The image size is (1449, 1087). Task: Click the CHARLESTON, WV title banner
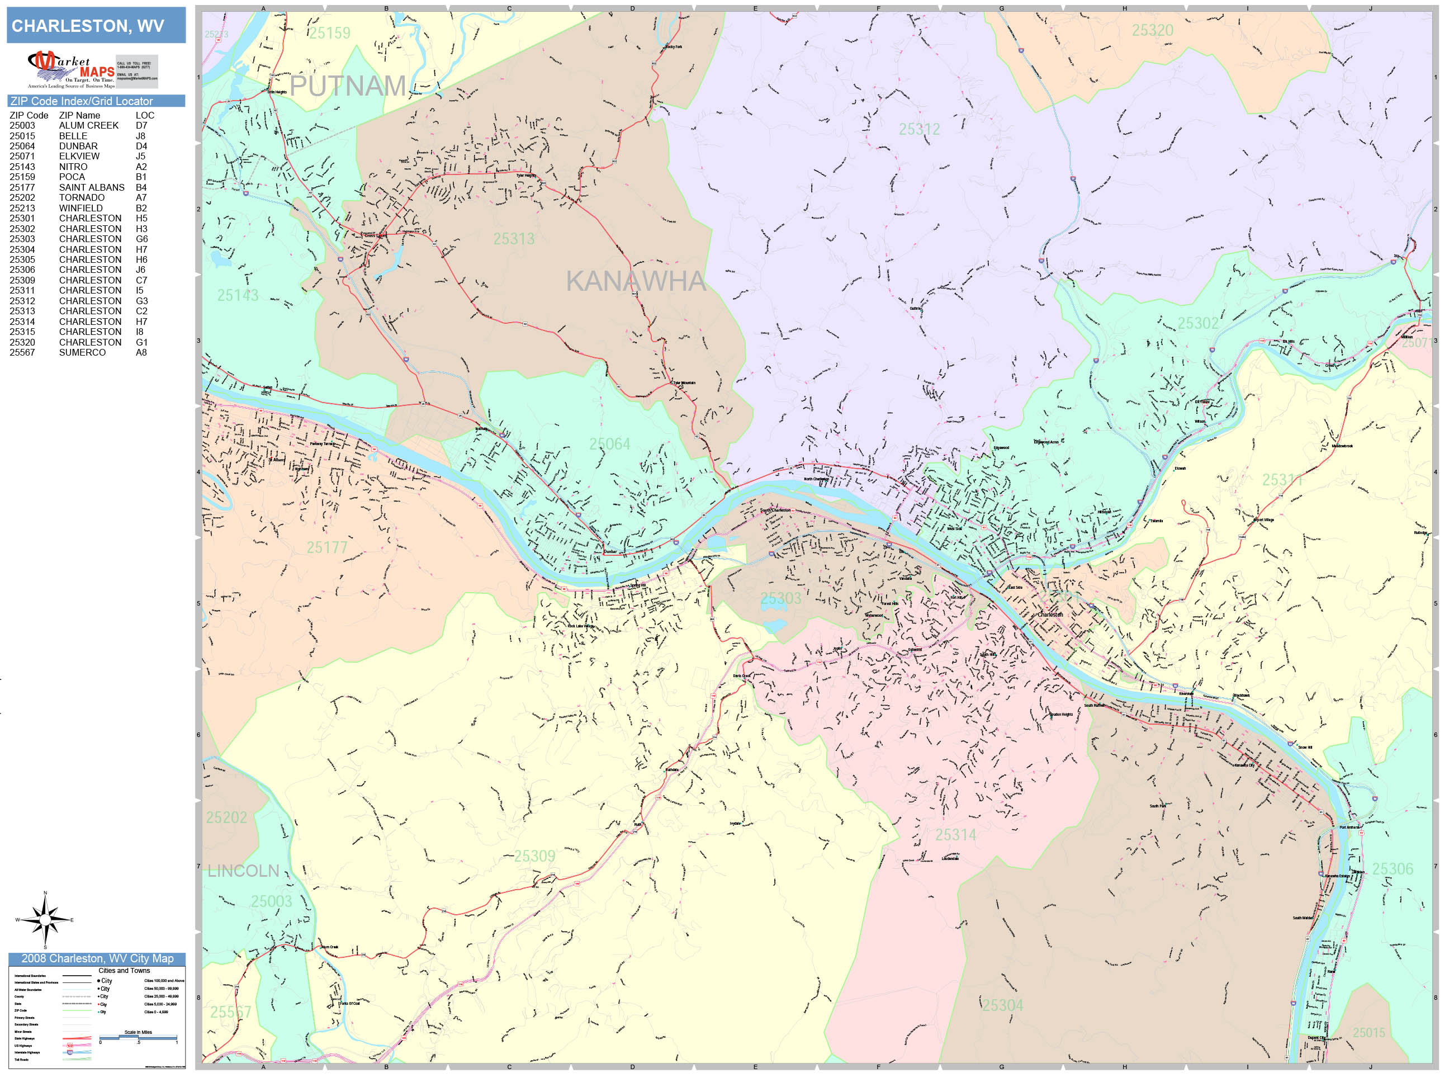pyautogui.click(x=96, y=26)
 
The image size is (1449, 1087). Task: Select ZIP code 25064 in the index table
pyautogui.click(x=22, y=146)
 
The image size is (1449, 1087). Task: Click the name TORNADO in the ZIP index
pyautogui.click(x=81, y=197)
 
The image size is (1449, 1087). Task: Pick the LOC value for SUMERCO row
pyautogui.click(x=141, y=352)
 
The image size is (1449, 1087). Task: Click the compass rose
pyautogui.click(x=45, y=920)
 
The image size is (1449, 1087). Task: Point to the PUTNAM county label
pyautogui.click(x=348, y=86)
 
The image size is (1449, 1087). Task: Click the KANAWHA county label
pyautogui.click(x=636, y=281)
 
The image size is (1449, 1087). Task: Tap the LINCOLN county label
pyautogui.click(x=243, y=871)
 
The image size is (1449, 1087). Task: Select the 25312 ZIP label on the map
pyautogui.click(x=919, y=129)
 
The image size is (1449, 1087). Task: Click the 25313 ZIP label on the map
pyautogui.click(x=514, y=239)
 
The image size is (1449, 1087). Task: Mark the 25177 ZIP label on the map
pyautogui.click(x=327, y=547)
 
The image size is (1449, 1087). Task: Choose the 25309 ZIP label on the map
pyautogui.click(x=534, y=856)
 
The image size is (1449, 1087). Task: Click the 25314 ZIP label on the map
pyautogui.click(x=955, y=835)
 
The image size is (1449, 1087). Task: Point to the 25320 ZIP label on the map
pyautogui.click(x=1152, y=30)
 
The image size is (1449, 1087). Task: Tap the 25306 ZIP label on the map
pyautogui.click(x=1393, y=869)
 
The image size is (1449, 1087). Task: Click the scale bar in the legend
pyautogui.click(x=138, y=1038)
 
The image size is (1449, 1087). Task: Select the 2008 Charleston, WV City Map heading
pyautogui.click(x=97, y=958)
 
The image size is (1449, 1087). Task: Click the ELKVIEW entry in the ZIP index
pyautogui.click(x=79, y=156)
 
